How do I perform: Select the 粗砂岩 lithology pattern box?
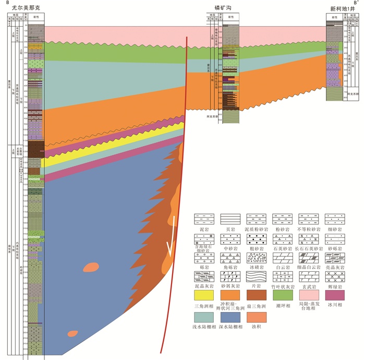[256, 237]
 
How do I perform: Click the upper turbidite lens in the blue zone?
[91, 267]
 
